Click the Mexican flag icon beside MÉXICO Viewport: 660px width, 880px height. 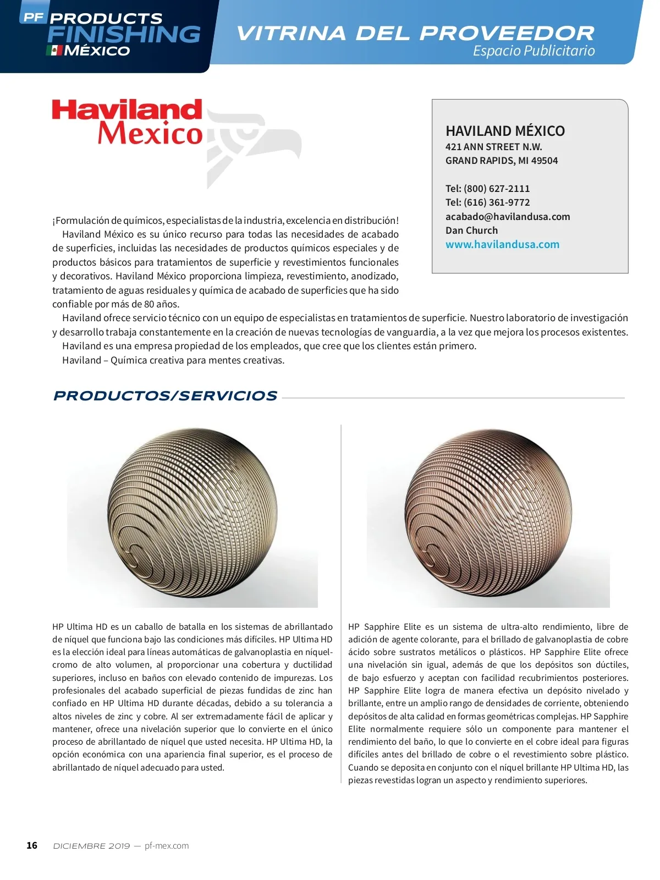coord(54,51)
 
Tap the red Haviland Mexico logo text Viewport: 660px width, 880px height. coord(128,122)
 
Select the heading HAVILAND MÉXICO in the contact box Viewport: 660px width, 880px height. coord(505,131)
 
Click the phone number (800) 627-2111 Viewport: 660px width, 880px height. coord(497,189)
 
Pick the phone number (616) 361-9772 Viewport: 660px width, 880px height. coord(497,202)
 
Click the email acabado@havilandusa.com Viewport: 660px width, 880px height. coord(508,217)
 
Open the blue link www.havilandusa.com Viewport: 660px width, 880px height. coord(502,245)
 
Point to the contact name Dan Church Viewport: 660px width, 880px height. coord(471,230)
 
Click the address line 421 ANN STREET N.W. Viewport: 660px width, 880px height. coord(493,147)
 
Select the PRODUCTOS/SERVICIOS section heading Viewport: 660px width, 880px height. coord(165,396)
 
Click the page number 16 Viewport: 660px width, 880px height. coord(32,845)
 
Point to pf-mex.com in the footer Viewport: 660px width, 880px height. coord(167,846)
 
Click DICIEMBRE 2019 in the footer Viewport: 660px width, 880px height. coord(91,846)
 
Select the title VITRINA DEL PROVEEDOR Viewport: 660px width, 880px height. coord(415,33)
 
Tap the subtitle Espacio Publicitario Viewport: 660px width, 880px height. coord(533,51)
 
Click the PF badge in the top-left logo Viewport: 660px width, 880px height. coord(33,17)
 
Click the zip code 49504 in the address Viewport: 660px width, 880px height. coord(544,161)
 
